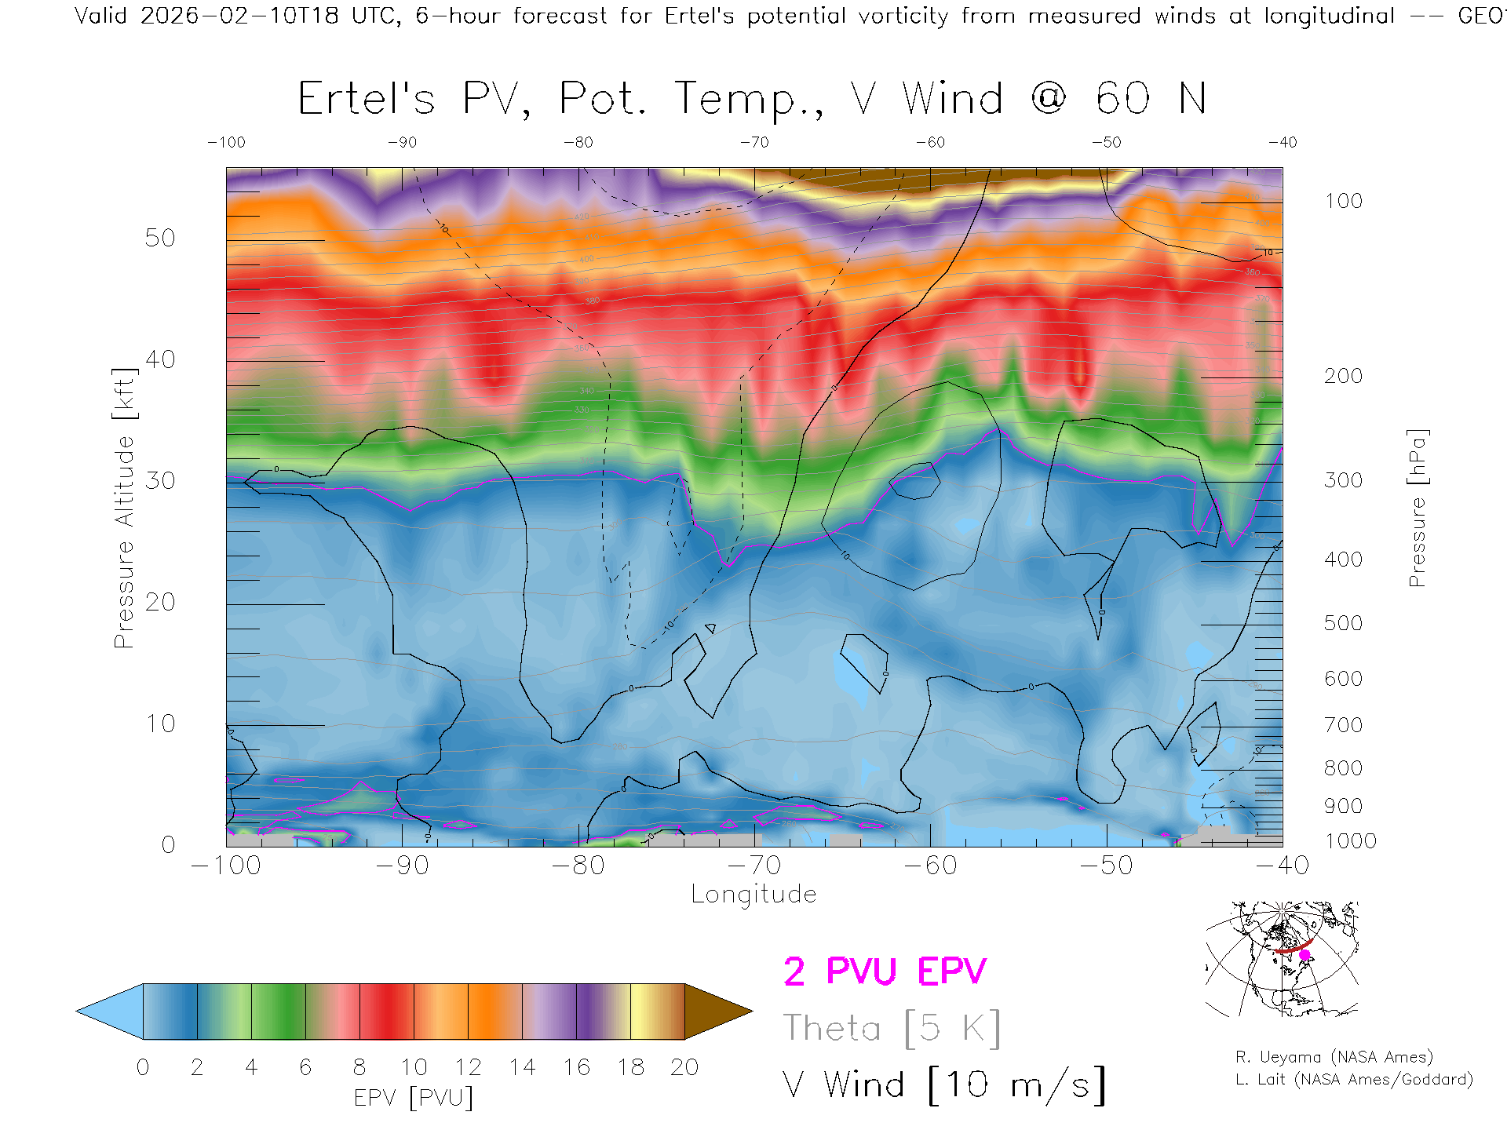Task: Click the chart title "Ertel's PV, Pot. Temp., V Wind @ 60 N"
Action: (x=752, y=100)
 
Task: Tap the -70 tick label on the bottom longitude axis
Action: (x=753, y=866)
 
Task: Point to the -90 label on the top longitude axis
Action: (x=402, y=143)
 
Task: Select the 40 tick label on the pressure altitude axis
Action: (x=159, y=360)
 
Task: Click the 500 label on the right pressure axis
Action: (x=1343, y=624)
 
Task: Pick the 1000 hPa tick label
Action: (x=1350, y=842)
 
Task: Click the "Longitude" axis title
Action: (x=753, y=895)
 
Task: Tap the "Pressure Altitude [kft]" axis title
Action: (x=124, y=508)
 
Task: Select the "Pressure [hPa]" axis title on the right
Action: (x=1418, y=508)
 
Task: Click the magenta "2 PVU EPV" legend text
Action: (x=885, y=971)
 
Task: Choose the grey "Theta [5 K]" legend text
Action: (x=892, y=1029)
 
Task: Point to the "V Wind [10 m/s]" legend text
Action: (x=943, y=1085)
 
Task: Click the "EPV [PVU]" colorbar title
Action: (x=413, y=1098)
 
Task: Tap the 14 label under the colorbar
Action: (x=522, y=1067)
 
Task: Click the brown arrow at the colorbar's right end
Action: (x=716, y=1012)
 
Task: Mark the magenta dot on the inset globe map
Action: (x=1304, y=955)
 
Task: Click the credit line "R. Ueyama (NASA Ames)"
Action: (x=1334, y=1057)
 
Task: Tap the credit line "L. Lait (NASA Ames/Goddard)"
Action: (x=1354, y=1080)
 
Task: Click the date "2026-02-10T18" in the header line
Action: (x=239, y=16)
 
